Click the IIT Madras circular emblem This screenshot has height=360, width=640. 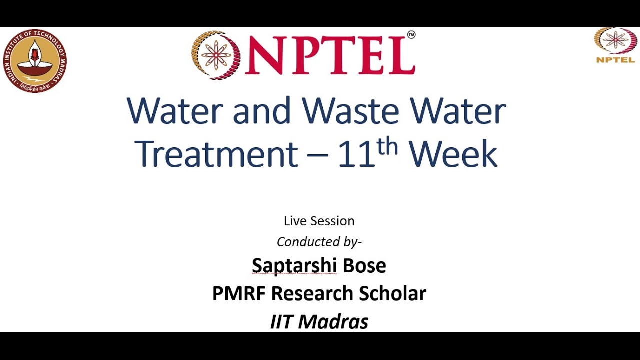click(x=34, y=60)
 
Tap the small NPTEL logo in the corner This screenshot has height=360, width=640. click(x=615, y=45)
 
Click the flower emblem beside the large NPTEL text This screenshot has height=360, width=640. click(x=216, y=55)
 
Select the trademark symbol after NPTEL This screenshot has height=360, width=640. click(x=411, y=35)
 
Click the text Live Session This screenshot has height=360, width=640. click(x=319, y=221)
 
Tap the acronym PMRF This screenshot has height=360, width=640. click(x=238, y=293)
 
